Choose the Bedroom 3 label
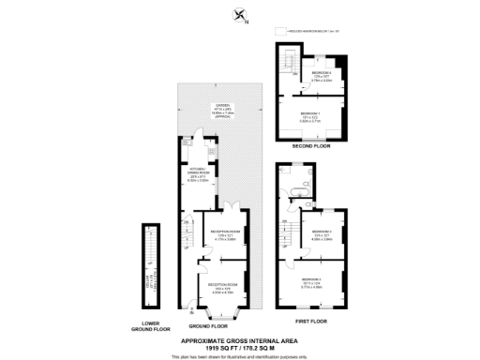tap(322, 232)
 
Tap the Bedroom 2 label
tap(312, 279)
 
